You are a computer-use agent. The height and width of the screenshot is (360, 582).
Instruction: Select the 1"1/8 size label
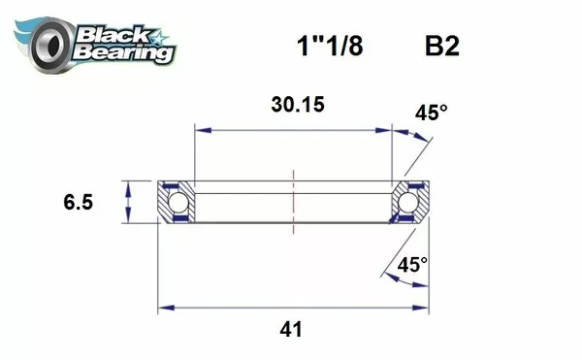(329, 46)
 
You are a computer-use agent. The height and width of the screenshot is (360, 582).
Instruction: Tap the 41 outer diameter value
(290, 329)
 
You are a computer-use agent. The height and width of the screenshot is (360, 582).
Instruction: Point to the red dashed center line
(292, 201)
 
